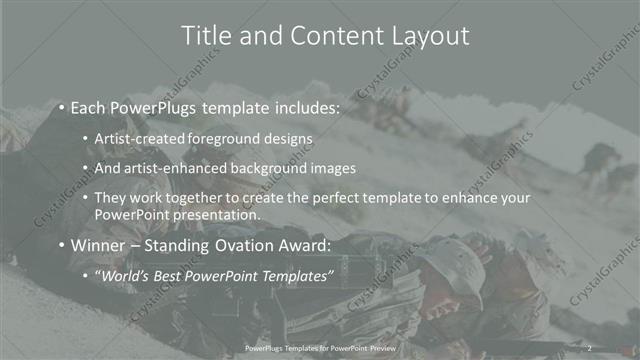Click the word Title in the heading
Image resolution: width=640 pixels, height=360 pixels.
(x=206, y=36)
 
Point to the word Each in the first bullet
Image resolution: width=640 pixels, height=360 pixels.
(x=88, y=106)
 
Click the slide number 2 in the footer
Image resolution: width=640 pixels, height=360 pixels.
(x=590, y=348)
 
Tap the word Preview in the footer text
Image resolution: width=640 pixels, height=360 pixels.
(x=381, y=348)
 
